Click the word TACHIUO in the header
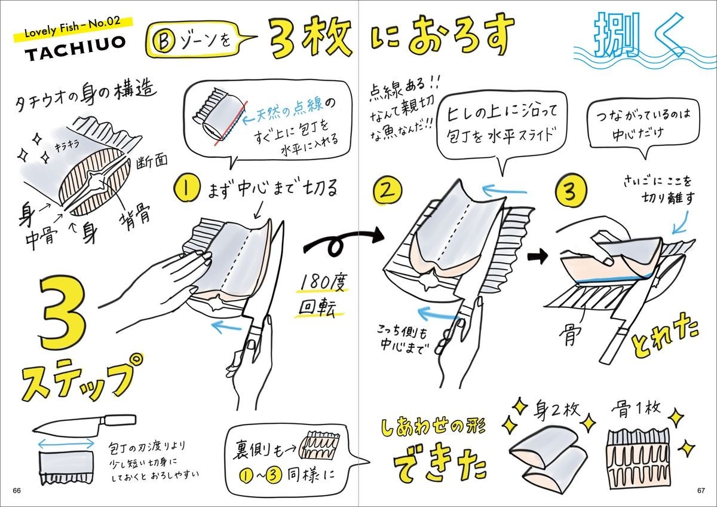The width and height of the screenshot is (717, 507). click(75, 48)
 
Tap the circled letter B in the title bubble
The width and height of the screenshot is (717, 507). click(164, 42)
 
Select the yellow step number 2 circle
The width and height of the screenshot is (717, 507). click(387, 191)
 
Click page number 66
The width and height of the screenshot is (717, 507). click(17, 490)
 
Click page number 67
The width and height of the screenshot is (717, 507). click(701, 490)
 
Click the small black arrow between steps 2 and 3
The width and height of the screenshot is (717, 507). click(538, 256)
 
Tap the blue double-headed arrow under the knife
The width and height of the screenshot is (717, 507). click(66, 444)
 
